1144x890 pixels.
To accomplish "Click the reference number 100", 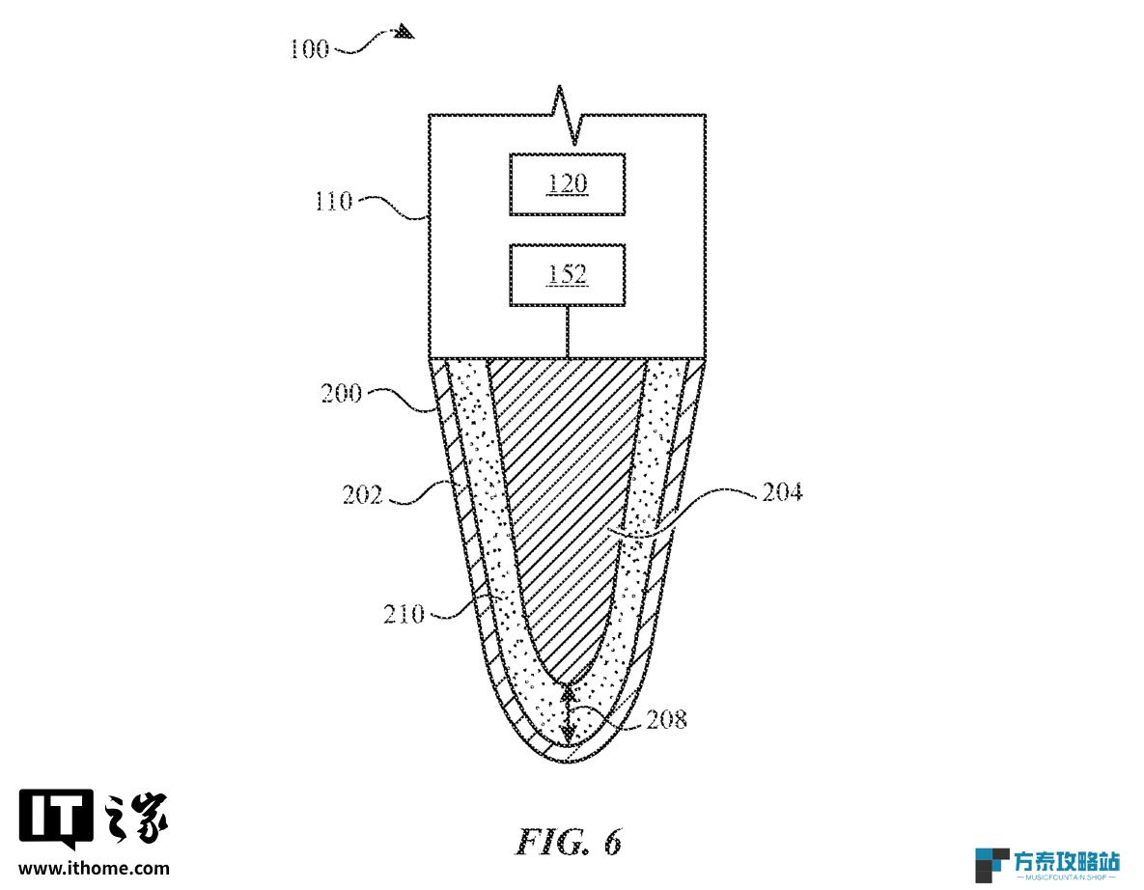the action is pyautogui.click(x=309, y=49).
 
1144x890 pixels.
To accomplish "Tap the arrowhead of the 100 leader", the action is pyautogui.click(x=405, y=32).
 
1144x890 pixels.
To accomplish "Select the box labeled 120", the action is pyautogui.click(x=567, y=183).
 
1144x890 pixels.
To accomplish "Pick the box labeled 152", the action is pyautogui.click(x=567, y=275).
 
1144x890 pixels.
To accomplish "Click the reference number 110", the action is pyautogui.click(x=333, y=202).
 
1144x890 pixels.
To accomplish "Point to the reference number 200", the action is pyautogui.click(x=342, y=394).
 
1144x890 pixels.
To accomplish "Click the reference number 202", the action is pyautogui.click(x=363, y=495).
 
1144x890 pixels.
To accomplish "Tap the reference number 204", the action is pyautogui.click(x=782, y=492).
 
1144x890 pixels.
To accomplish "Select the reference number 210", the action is pyautogui.click(x=404, y=614).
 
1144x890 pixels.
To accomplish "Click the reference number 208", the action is pyautogui.click(x=667, y=720).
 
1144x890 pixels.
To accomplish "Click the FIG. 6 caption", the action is pyautogui.click(x=569, y=843).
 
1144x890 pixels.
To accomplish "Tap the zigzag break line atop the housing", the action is pyautogui.click(x=568, y=115).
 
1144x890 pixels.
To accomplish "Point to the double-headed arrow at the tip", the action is pyautogui.click(x=569, y=713).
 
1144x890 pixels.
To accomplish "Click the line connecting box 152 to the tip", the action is pyautogui.click(x=568, y=332).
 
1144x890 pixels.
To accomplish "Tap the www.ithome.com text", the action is pyautogui.click(x=94, y=868).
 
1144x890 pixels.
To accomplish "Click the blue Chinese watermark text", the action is pyautogui.click(x=1067, y=861).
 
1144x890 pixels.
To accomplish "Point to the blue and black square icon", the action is pyautogui.click(x=992, y=865).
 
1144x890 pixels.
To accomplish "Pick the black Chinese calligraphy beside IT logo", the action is pyautogui.click(x=136, y=817).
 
